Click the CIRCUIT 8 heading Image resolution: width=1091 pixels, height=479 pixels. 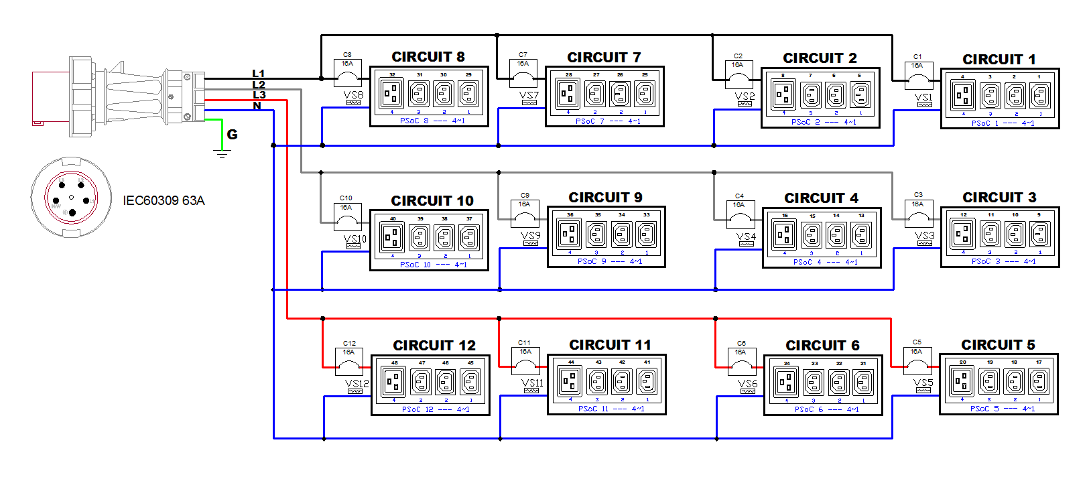point(428,57)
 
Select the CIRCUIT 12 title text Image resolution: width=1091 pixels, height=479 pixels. point(434,346)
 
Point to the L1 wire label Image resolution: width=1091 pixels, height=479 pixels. point(259,74)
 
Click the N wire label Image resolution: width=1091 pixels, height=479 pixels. point(257,106)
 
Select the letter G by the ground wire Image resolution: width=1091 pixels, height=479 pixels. point(232,135)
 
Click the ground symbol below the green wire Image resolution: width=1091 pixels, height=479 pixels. point(222,154)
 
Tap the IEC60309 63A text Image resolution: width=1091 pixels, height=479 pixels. point(164,200)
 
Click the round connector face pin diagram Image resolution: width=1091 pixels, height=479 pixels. point(71,198)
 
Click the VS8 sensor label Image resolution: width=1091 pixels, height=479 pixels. point(353,96)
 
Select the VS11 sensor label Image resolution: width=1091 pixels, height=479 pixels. point(532,384)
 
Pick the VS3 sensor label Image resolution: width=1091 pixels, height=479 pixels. point(924,236)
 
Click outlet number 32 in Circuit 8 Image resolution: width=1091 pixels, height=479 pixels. point(392,94)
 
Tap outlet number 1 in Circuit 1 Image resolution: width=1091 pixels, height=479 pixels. point(1039,96)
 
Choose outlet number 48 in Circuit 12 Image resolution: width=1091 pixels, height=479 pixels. point(394,382)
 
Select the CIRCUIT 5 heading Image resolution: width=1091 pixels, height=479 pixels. point(998,345)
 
